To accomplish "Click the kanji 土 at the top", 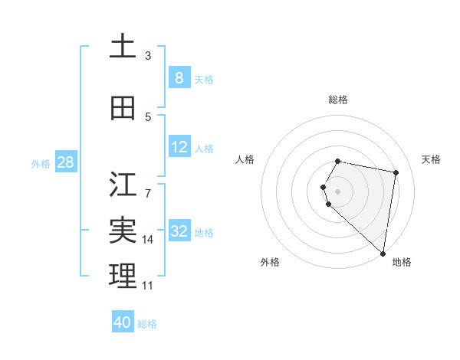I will coord(123,47).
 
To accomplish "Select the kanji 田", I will coord(123,108).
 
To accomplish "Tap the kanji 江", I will coord(123,185).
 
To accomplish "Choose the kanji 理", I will coord(123,276).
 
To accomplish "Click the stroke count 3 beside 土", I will coord(148,55).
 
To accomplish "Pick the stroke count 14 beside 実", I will coord(148,240).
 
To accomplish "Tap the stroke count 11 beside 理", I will coord(148,286).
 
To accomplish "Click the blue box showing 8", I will coord(179,78).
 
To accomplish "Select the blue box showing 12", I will coord(179,148).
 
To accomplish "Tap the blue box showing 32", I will coord(179,232).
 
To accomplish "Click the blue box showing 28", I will coord(64,163).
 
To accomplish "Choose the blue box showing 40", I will coord(123,323).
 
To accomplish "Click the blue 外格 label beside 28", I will coord(41,164).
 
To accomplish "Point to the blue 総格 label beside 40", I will coord(147,324).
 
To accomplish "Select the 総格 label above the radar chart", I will coord(338,100).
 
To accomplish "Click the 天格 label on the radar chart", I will coord(431,159).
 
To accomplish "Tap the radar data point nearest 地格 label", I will coord(383,253).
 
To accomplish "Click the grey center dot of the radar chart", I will coord(338,191).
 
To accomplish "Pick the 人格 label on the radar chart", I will coord(245,159).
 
